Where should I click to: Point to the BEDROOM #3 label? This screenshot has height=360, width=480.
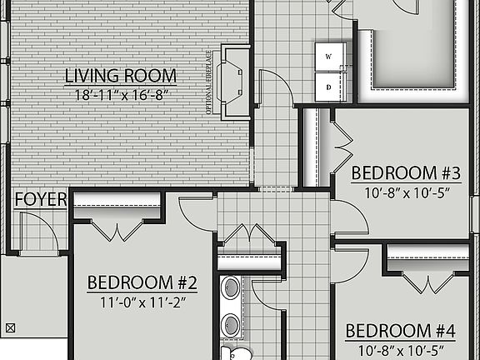(x=406, y=173)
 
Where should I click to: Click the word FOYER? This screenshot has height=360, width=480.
(x=35, y=200)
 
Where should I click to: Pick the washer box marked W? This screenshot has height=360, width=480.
(x=328, y=57)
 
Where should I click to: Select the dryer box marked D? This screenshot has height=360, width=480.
(x=328, y=86)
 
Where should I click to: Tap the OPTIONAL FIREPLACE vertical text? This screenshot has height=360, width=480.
(x=208, y=80)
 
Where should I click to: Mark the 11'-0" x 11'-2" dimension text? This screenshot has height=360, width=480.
(x=142, y=302)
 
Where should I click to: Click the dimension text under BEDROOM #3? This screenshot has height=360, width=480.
(x=406, y=192)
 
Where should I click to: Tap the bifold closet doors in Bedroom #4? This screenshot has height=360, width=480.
(x=428, y=282)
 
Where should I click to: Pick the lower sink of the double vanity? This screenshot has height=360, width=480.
(x=231, y=325)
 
